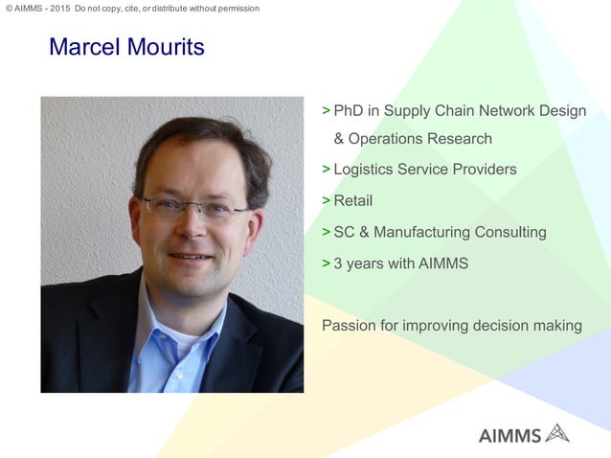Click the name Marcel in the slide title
(x=84, y=47)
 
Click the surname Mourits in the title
(x=164, y=47)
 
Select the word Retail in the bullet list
(x=352, y=201)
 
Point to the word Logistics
(x=367, y=170)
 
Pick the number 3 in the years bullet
(x=338, y=263)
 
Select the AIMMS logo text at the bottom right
(x=509, y=435)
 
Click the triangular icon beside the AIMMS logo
(x=556, y=433)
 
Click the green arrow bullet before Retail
(x=326, y=201)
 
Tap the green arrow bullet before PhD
(x=326, y=110)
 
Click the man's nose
(x=194, y=230)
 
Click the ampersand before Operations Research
(x=339, y=139)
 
